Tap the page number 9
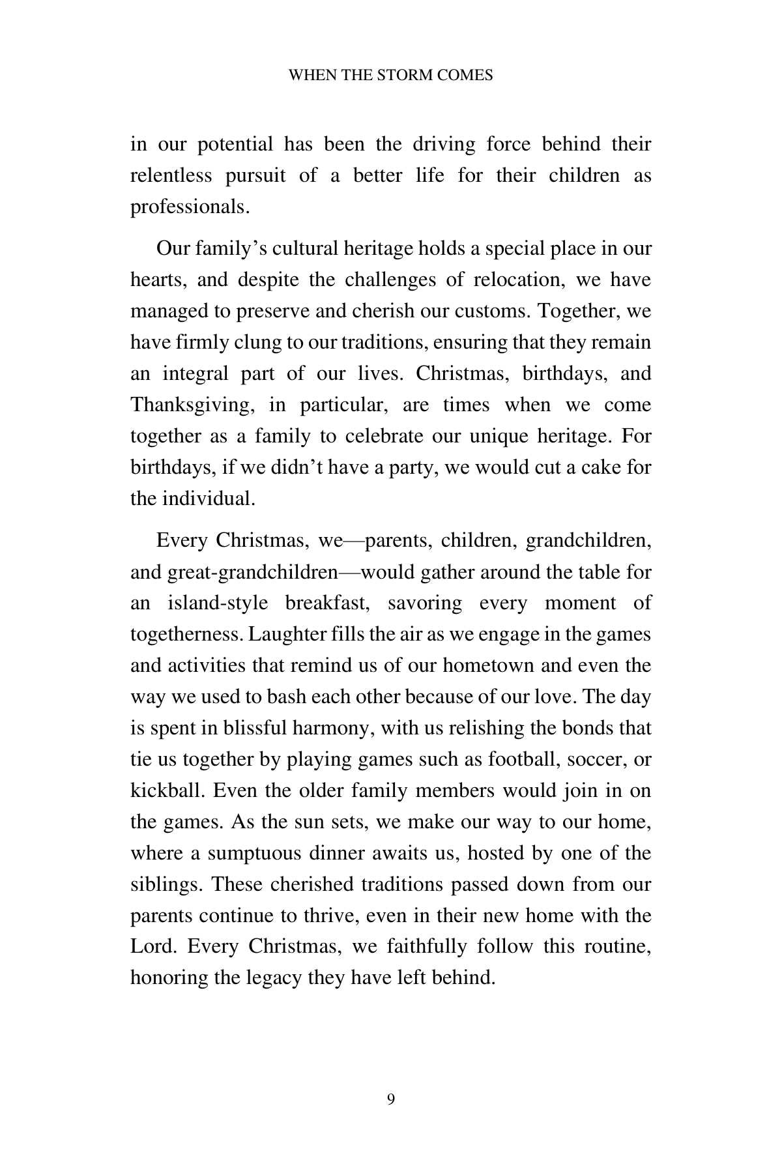(391, 1099)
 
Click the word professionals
(190, 207)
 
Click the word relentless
(171, 176)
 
